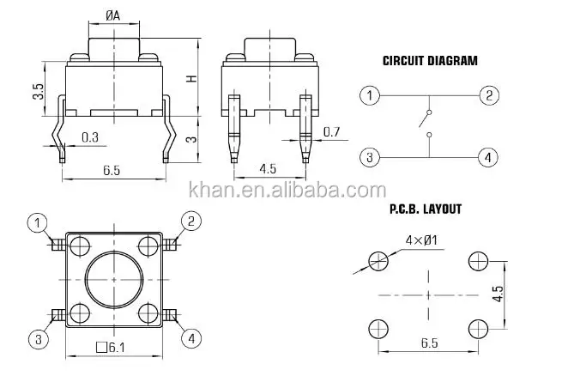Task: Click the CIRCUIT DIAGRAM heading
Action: tap(429, 61)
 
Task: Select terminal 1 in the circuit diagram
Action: tap(369, 95)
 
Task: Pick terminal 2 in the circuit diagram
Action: tap(488, 95)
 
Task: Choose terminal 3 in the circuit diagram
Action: tap(369, 156)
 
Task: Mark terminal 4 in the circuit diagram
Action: tap(488, 156)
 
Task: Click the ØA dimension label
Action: tap(112, 15)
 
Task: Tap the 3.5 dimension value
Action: tap(39, 93)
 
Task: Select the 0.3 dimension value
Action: tap(90, 137)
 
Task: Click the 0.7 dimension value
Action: tap(331, 131)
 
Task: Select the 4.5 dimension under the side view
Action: tap(267, 169)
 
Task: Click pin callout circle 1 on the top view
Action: tap(39, 223)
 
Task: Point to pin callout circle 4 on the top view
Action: tap(190, 338)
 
